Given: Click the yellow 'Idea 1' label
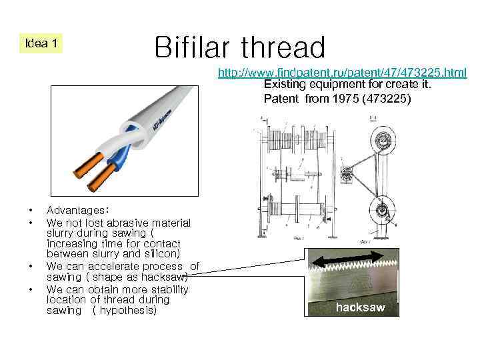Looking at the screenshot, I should pyautogui.click(x=41, y=43).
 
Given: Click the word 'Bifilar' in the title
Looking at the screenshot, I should pyautogui.click(x=194, y=47).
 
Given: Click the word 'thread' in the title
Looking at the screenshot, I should pyautogui.click(x=283, y=47).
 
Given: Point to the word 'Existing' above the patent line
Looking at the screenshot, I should pyautogui.click(x=283, y=85).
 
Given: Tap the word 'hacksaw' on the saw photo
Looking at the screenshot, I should pyautogui.click(x=360, y=307).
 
